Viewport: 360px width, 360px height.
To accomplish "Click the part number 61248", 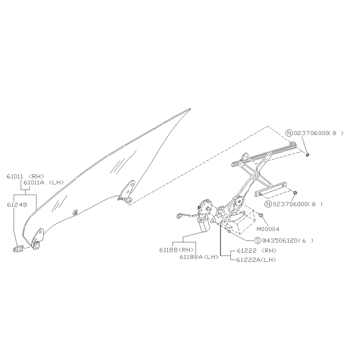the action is click(x=17, y=205).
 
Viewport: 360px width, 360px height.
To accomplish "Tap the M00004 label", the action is click(x=268, y=229).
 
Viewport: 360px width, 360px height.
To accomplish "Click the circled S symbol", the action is click(x=258, y=241).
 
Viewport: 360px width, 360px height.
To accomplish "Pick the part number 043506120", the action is click(x=280, y=241).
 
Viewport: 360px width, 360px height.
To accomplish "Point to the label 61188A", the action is click(x=191, y=257).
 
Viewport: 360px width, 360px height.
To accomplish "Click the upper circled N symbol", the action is click(x=289, y=133).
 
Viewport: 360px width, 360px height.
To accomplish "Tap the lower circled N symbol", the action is click(x=268, y=204).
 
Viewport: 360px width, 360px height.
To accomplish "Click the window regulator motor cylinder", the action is click(x=203, y=225).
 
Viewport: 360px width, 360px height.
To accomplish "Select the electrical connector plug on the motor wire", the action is click(x=179, y=216).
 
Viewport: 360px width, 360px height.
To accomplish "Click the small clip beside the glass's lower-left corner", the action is click(x=18, y=248).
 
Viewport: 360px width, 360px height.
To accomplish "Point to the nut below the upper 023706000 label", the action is click(x=308, y=155).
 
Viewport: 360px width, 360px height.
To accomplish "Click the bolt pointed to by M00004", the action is click(x=260, y=215).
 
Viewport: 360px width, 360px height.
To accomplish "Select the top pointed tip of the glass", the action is click(x=190, y=109).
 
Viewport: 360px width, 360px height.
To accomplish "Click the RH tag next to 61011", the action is click(x=36, y=176).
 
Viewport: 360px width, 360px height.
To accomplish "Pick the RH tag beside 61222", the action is click(x=269, y=251).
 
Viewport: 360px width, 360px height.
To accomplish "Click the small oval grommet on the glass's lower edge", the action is click(x=75, y=212).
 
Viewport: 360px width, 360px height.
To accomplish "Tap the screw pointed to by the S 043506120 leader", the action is click(x=229, y=232).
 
